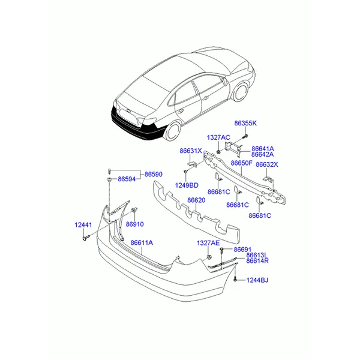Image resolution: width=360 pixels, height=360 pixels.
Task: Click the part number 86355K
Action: [x=245, y=123]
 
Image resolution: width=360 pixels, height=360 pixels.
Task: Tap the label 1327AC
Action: [x=218, y=137]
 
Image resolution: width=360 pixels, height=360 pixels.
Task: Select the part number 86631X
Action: [x=191, y=151]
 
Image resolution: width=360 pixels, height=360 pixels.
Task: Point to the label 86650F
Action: [x=241, y=163]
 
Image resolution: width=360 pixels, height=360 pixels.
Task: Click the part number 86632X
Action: [x=267, y=164]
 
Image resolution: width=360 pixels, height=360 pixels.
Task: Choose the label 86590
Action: [x=154, y=174]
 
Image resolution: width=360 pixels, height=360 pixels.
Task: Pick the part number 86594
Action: [x=127, y=179]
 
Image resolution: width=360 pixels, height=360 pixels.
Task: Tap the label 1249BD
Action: [x=187, y=185]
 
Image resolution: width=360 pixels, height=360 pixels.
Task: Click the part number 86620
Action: [x=196, y=200]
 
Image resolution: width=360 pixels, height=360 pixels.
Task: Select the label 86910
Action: [x=135, y=224]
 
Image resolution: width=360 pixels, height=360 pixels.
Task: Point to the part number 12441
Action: [x=83, y=225]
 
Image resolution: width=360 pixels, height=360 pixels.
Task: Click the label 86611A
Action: [x=142, y=242]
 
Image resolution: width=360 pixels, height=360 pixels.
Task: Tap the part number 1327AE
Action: [x=208, y=243]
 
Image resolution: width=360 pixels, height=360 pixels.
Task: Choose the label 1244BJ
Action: [x=257, y=280]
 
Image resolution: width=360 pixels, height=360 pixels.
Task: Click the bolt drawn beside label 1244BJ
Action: [x=235, y=280]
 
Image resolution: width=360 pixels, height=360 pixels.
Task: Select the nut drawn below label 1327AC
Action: [x=218, y=152]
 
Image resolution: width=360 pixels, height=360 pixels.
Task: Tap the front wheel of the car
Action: [x=241, y=92]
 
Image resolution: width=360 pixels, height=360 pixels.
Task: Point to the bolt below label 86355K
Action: [x=245, y=136]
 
